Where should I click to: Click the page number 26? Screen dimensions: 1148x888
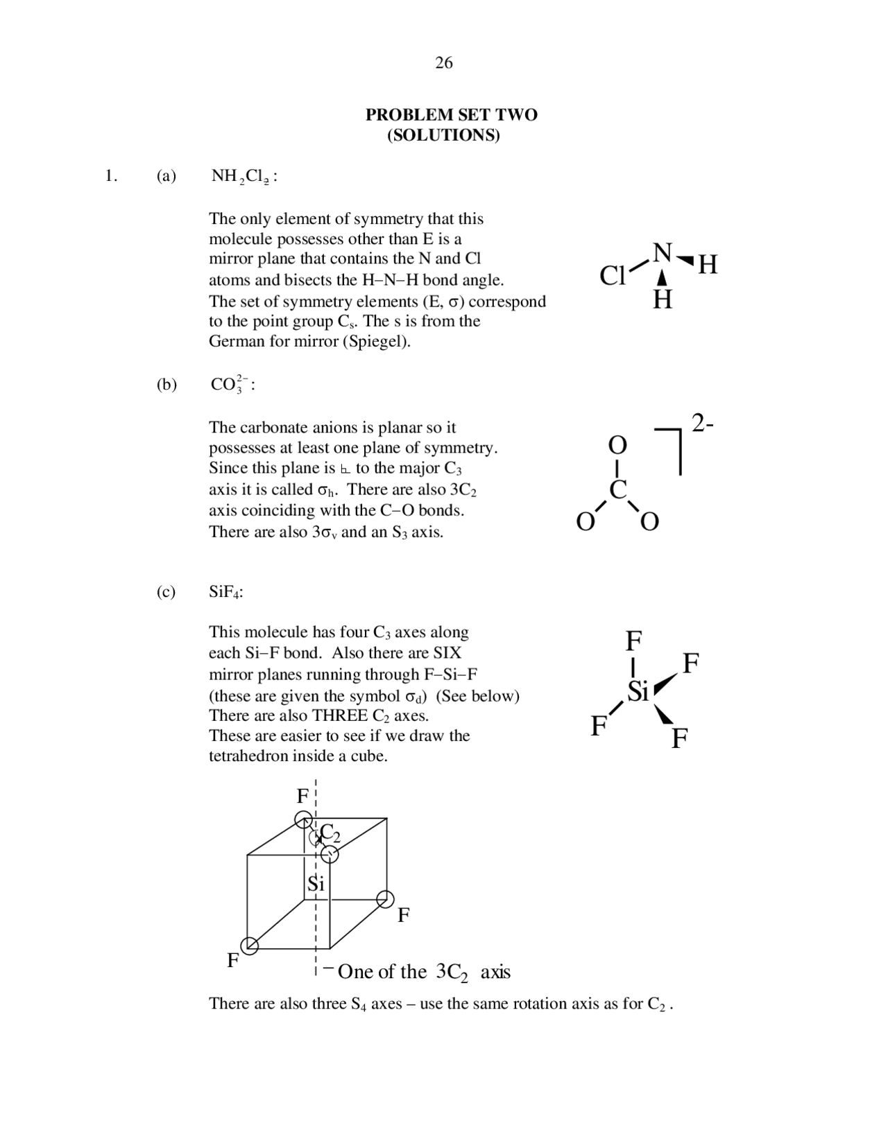[x=444, y=63]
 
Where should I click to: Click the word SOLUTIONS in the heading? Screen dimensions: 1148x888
[x=443, y=135]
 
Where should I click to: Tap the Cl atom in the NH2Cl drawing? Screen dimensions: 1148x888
[x=612, y=276]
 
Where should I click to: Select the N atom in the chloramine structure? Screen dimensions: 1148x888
[x=663, y=253]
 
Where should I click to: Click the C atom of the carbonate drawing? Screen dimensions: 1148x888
[x=618, y=489]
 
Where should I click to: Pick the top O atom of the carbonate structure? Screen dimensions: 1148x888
[x=617, y=445]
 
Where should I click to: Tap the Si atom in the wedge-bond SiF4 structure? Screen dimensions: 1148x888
[x=638, y=690]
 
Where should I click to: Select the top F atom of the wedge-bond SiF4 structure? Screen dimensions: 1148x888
[x=634, y=641]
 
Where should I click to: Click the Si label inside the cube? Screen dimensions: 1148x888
[x=316, y=884]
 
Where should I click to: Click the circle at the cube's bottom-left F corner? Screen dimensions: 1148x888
[x=249, y=946]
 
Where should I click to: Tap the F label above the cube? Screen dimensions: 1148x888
[x=302, y=797]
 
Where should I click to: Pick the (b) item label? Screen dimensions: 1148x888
[x=166, y=384]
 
